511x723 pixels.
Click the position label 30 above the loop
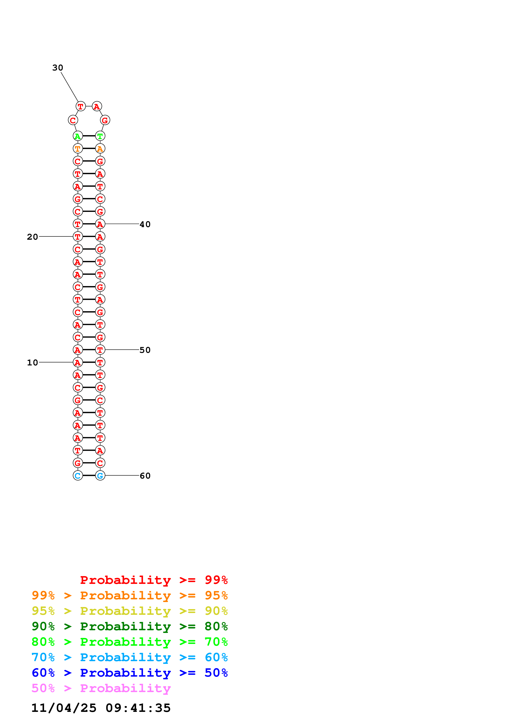pos(58,68)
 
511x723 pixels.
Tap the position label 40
pos(145,224)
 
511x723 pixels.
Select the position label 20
pos(32,237)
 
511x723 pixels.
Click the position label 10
pos(32,363)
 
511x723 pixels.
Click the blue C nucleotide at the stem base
pos(78,475)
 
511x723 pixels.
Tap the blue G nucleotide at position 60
pos(100,475)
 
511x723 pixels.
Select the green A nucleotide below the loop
pos(78,136)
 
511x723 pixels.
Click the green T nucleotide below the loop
pos(100,136)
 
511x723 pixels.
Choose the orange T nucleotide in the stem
pos(78,149)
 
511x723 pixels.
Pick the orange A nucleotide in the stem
pos(100,149)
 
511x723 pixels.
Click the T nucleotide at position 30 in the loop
pos(81,106)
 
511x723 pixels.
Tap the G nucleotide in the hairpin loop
pos(105,120)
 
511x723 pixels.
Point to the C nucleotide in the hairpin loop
pos(73,120)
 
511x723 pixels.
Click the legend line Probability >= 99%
pos(154,580)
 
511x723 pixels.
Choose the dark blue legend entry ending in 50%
pos(129,673)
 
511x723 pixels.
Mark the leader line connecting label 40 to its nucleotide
pos(122,224)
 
